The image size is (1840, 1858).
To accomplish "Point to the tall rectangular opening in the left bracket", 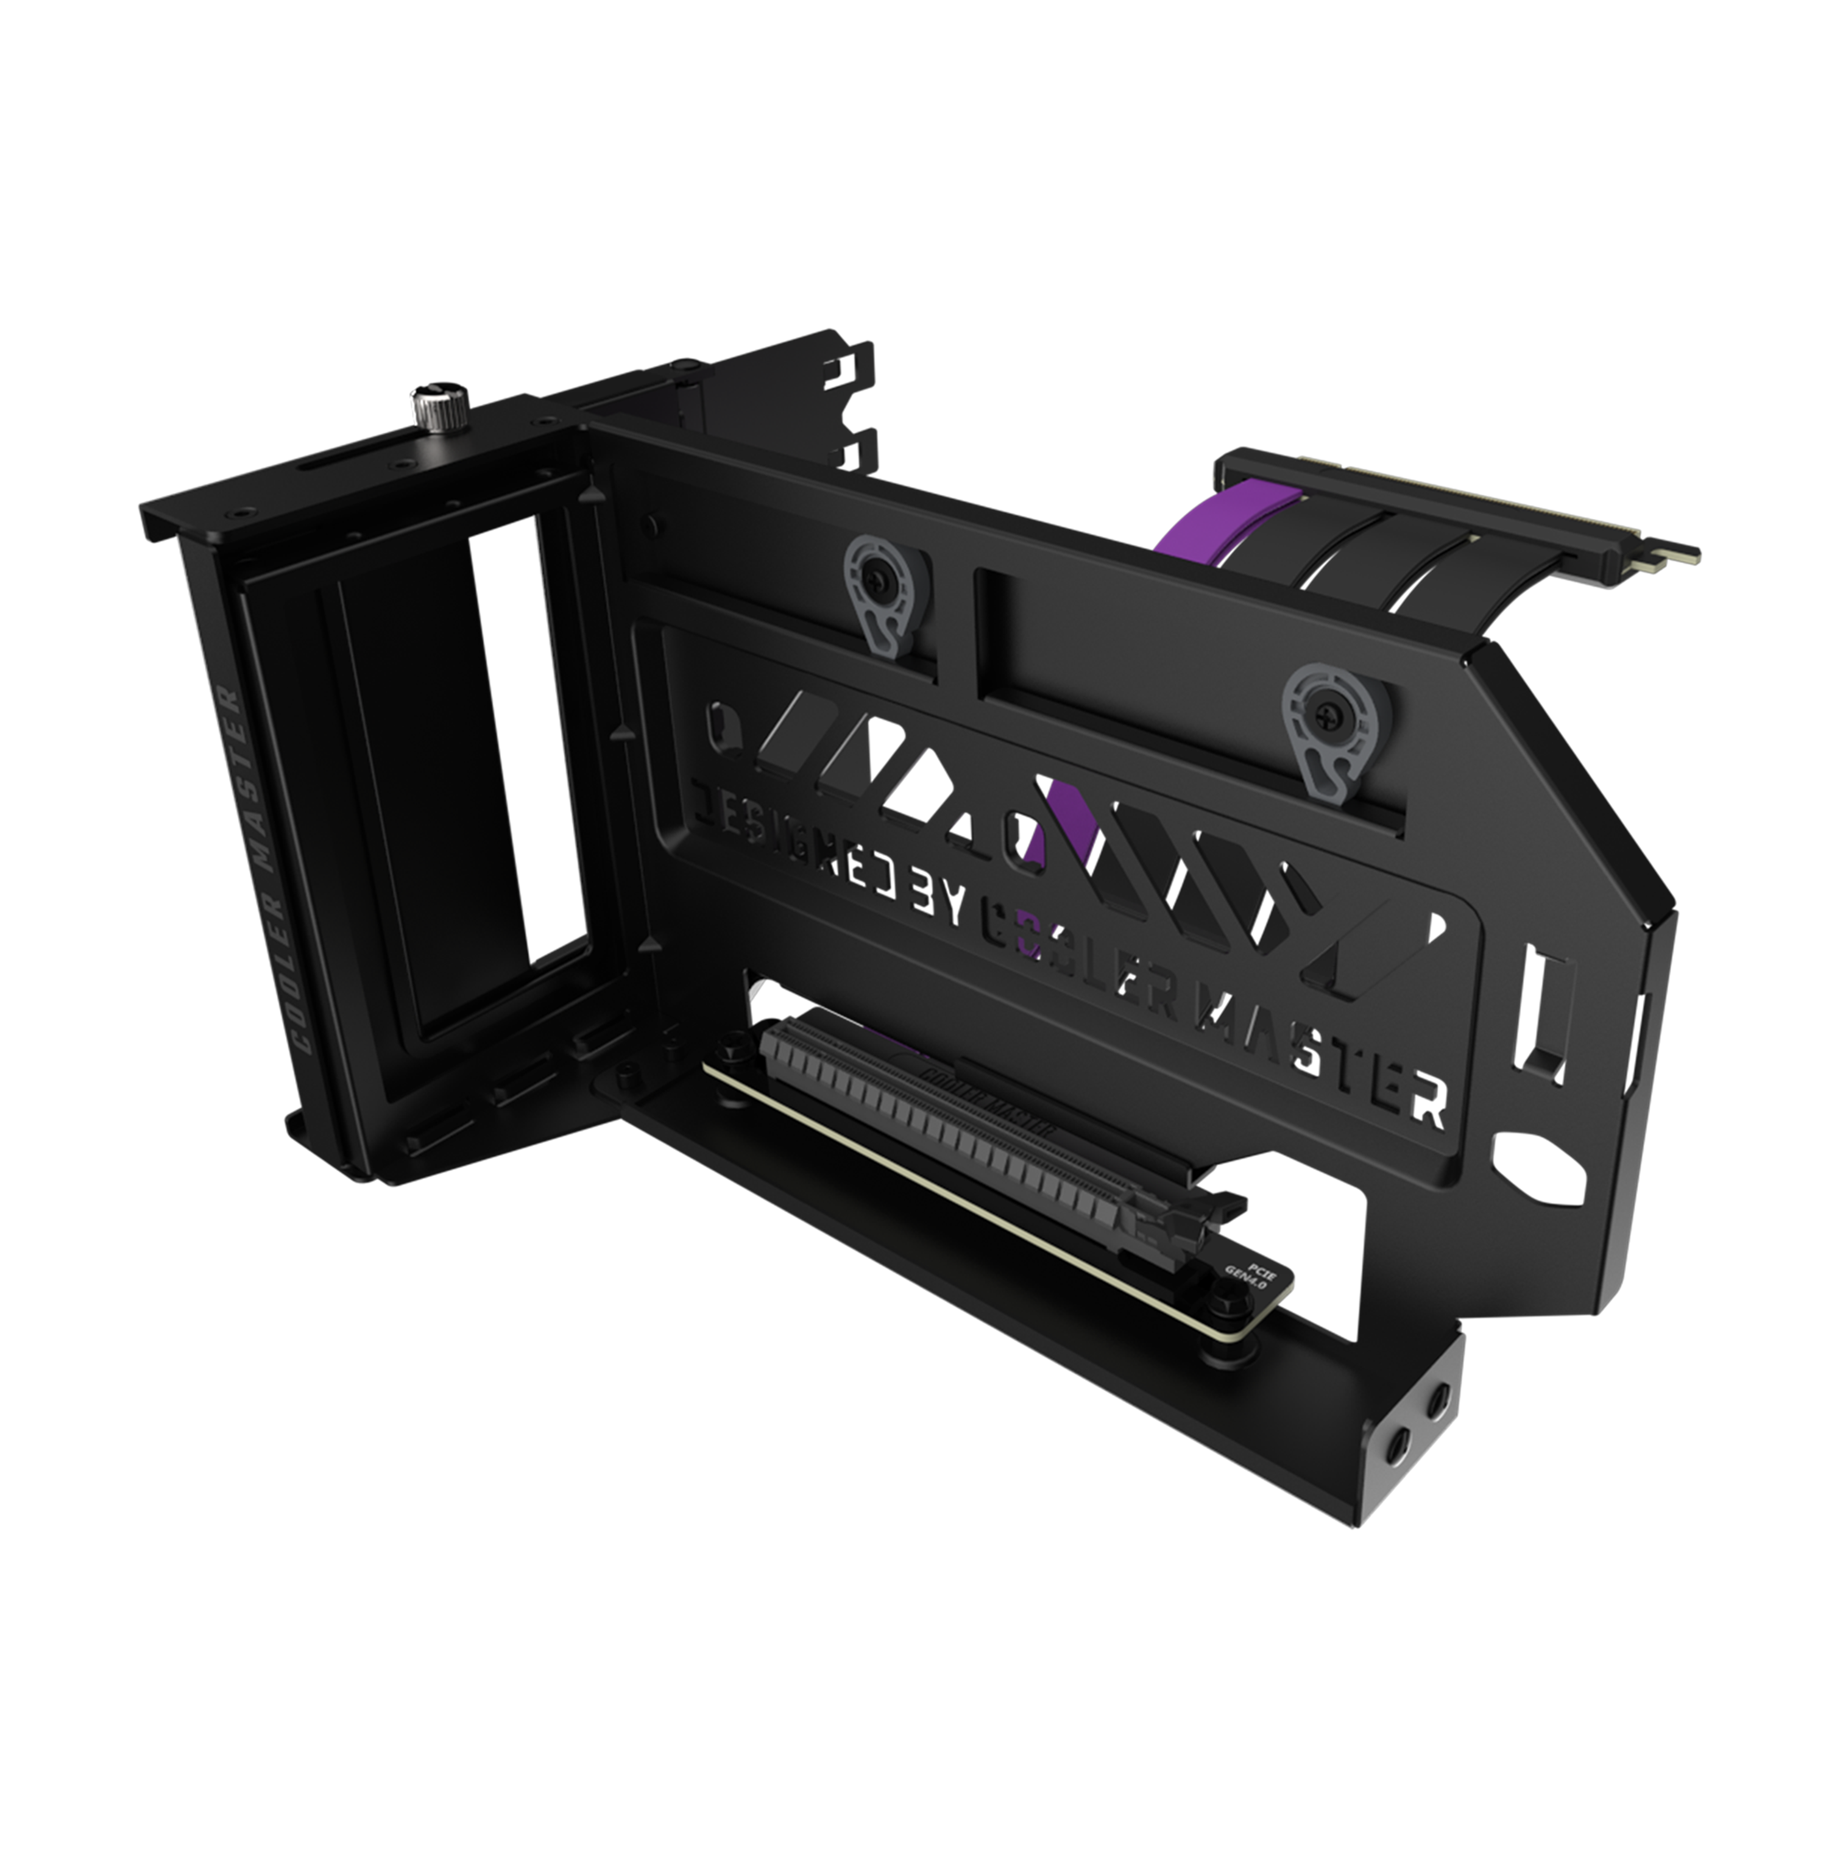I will pos(462,769).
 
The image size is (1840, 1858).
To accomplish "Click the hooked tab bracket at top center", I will pos(846,404).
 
